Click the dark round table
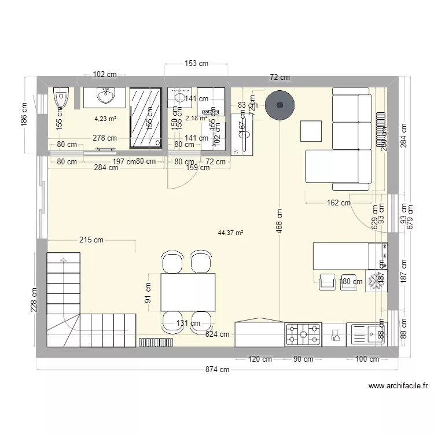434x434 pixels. (x=280, y=105)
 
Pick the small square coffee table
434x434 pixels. (x=311, y=131)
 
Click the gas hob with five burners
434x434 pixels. (x=303, y=334)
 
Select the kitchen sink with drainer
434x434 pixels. (x=367, y=334)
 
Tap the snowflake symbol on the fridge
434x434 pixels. (x=379, y=281)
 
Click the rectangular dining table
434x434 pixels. (x=188, y=292)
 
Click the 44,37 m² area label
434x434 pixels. (x=230, y=233)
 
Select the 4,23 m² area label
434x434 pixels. (x=105, y=120)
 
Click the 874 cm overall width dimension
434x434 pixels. (x=218, y=370)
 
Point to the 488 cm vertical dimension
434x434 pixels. (x=279, y=219)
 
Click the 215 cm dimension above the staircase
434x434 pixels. (x=92, y=240)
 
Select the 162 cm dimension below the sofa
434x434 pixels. (x=339, y=203)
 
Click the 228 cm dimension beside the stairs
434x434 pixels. (x=34, y=300)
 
